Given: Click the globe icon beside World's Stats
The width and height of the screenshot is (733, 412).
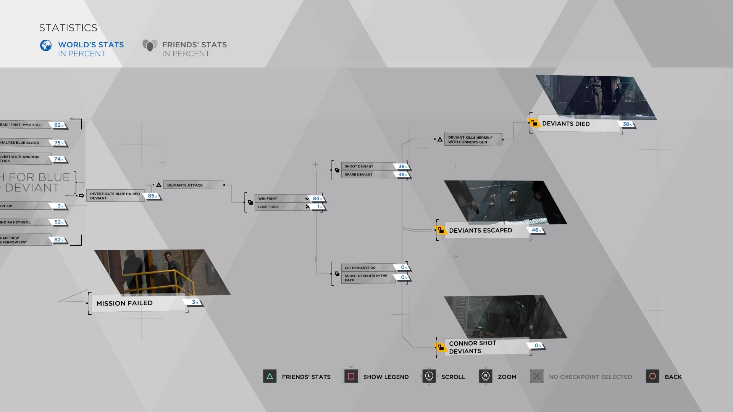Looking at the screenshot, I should [x=46, y=45].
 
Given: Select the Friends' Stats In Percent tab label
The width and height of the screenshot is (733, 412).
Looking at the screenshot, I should [x=194, y=49].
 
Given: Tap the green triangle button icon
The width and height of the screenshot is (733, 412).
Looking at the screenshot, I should [x=270, y=377].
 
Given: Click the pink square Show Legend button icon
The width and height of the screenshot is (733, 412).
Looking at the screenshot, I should [x=351, y=377].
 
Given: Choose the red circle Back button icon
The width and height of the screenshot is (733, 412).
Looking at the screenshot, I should [x=652, y=377].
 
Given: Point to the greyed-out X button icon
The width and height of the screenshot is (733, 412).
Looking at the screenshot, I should [x=536, y=377].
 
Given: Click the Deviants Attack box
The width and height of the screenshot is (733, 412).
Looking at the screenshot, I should [x=193, y=185].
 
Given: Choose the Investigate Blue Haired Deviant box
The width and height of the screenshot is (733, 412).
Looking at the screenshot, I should [x=115, y=196].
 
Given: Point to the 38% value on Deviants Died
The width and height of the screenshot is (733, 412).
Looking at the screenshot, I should [x=627, y=124].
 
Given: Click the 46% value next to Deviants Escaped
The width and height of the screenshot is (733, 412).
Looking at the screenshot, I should [x=536, y=230].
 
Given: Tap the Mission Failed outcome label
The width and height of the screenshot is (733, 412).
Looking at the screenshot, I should [x=124, y=303].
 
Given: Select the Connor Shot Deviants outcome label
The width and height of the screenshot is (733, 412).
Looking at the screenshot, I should [x=473, y=347].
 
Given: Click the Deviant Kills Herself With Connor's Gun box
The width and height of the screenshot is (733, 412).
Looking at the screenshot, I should [x=473, y=140].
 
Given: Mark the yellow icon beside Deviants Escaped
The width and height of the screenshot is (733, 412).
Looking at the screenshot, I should [x=441, y=230].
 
